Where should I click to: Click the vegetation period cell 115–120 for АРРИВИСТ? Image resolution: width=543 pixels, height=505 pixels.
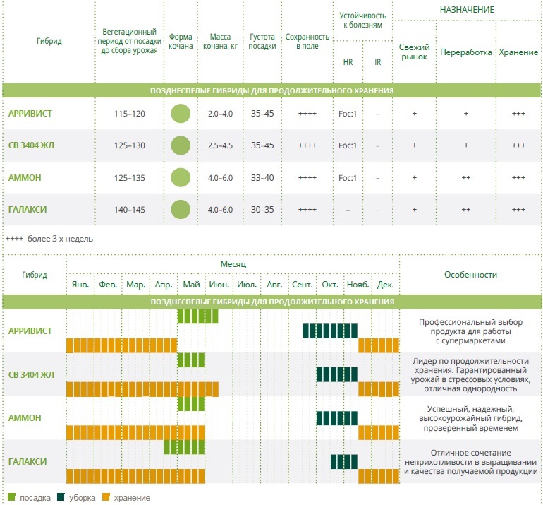(x=129, y=114)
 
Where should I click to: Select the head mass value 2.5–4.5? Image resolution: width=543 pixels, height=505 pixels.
(x=220, y=145)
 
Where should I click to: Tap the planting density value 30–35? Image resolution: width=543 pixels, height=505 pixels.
(x=262, y=210)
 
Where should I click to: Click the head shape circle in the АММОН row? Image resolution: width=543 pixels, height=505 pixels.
(x=181, y=177)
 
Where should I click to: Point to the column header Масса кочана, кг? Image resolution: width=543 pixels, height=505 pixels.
(x=220, y=41)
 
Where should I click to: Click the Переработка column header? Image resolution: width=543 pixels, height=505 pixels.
(x=465, y=52)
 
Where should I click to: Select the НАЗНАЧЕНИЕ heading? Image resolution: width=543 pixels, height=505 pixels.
(x=467, y=10)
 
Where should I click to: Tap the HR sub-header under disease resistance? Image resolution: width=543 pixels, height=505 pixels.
(x=348, y=62)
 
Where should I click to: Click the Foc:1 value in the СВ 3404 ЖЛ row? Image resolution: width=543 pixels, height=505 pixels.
(x=348, y=145)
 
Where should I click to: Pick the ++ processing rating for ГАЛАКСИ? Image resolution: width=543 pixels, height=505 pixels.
(x=465, y=210)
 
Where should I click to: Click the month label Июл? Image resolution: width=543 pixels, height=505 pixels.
(x=247, y=285)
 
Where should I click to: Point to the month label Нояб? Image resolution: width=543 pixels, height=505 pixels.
(x=358, y=285)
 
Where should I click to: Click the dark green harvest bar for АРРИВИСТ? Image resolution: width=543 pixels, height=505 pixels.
(x=330, y=331)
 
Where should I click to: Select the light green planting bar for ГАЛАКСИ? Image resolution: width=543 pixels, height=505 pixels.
(x=184, y=447)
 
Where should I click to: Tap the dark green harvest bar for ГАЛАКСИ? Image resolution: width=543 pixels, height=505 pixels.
(x=344, y=462)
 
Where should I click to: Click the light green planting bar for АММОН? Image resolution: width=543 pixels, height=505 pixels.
(x=191, y=404)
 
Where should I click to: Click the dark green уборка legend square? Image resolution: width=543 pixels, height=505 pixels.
(x=61, y=497)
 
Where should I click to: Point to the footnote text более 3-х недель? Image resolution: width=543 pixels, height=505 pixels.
(x=60, y=239)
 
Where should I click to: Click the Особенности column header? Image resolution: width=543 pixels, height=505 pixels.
(x=470, y=275)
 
